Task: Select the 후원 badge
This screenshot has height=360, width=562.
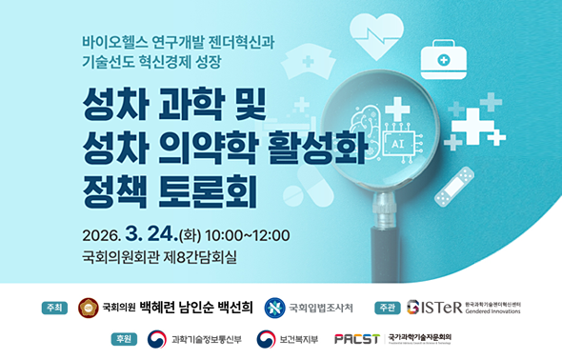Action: point(124,339)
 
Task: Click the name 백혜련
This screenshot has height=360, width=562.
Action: point(162,308)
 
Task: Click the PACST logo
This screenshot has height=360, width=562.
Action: point(357,339)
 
